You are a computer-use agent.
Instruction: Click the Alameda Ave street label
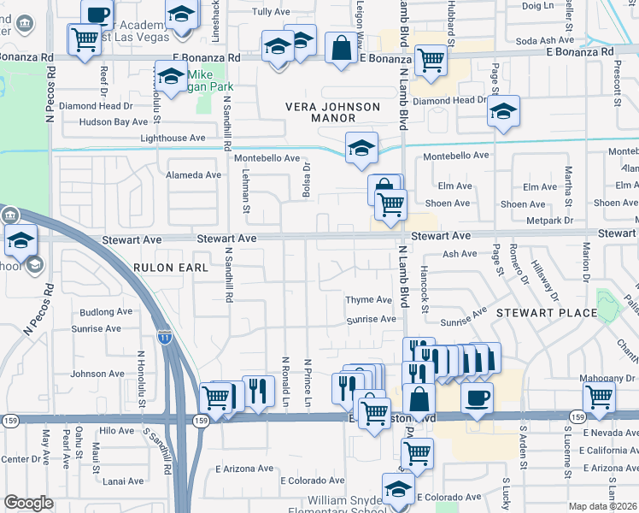click(x=194, y=175)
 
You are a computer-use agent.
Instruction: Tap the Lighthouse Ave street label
click(x=173, y=138)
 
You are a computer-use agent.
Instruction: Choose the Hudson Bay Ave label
click(x=114, y=122)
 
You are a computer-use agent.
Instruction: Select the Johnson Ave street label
click(x=97, y=374)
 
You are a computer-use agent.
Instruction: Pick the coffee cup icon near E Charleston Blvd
click(x=477, y=396)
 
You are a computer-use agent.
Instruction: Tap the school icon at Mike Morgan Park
click(x=171, y=76)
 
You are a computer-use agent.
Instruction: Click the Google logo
click(x=28, y=503)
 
